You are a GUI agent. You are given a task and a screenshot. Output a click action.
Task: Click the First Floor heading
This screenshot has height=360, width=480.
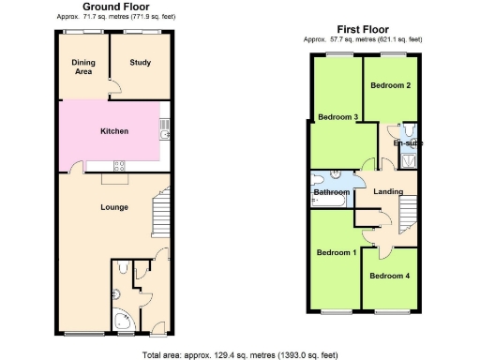point(364,31)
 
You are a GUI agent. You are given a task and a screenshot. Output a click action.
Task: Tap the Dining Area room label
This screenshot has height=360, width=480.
point(83,67)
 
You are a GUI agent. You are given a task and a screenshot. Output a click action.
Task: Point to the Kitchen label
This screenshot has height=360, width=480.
point(114,131)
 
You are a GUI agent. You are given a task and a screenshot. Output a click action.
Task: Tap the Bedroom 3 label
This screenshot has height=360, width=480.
point(337,117)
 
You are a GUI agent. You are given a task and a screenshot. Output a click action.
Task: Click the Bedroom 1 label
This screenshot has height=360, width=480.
point(335,252)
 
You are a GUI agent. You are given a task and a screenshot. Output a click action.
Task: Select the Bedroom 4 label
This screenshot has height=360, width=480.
point(388,276)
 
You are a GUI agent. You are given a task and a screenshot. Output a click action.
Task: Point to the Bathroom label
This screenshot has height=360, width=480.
point(331,192)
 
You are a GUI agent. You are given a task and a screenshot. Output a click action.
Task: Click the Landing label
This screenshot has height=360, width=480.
point(387,192)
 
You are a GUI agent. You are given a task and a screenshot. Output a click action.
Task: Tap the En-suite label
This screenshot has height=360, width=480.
point(408,142)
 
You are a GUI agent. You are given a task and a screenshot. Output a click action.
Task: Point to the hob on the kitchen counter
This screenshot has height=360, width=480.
point(119,167)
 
